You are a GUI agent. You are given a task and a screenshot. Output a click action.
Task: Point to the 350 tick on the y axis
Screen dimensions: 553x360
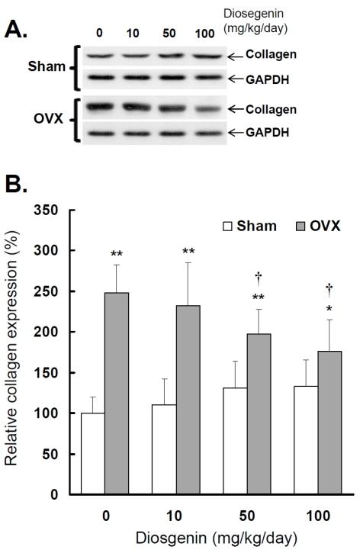(x=66, y=210)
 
